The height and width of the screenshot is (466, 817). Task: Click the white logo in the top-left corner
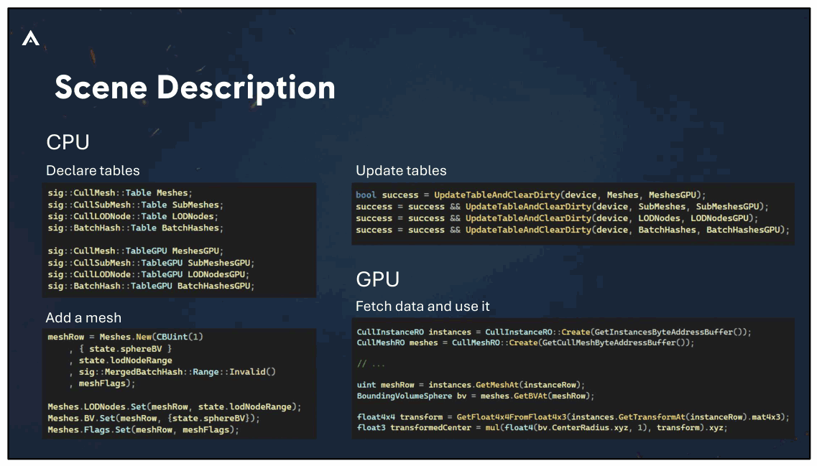[31, 38]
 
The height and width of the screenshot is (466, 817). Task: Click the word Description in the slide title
[246, 88]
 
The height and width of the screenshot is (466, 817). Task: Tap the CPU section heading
[68, 142]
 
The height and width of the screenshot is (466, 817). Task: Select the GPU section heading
[378, 279]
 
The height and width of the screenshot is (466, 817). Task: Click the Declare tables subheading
[93, 171]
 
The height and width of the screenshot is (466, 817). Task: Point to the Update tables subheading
[401, 171]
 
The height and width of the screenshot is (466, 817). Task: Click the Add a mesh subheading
[83, 317]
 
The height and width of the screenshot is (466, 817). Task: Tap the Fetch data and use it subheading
[423, 306]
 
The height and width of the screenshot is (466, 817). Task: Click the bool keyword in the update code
[366, 195]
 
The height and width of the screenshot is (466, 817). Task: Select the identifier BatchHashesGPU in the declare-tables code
[213, 286]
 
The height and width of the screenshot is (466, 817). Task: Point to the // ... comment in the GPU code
[371, 364]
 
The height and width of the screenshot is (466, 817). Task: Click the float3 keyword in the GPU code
[371, 427]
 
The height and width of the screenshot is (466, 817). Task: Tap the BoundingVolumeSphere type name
[405, 396]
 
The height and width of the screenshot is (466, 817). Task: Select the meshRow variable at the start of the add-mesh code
[65, 337]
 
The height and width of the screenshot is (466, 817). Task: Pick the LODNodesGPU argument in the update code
[719, 218]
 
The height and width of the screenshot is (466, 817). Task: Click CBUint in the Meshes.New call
[172, 337]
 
